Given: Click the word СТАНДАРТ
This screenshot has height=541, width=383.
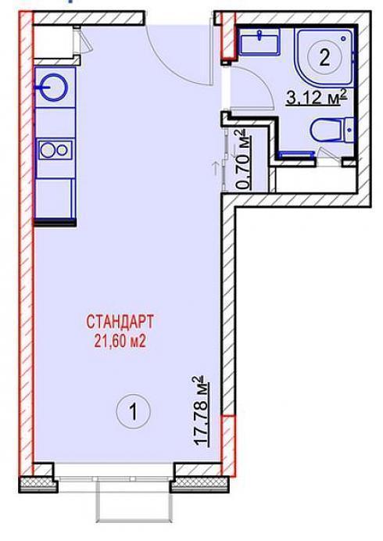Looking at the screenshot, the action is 120,322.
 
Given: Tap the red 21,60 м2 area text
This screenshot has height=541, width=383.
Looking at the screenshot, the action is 120,342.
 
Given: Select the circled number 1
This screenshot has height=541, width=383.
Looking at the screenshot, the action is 134,411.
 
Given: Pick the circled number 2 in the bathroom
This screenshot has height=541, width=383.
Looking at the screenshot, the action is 324,58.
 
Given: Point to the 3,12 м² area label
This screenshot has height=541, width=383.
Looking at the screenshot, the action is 316,97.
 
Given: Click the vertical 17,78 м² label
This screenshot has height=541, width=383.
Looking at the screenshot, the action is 203,412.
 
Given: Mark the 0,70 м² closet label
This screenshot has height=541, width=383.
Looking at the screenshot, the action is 243,159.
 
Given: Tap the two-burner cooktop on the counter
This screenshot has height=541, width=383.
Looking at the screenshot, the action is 55,150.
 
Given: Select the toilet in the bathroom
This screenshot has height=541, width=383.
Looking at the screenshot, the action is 331,130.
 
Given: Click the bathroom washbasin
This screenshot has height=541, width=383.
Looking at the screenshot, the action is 260,42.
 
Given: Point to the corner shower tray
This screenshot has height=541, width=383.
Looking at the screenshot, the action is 324,56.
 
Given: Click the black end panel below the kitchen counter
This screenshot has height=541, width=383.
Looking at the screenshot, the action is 55,223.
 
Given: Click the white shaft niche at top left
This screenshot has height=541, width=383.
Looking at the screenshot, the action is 53,41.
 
